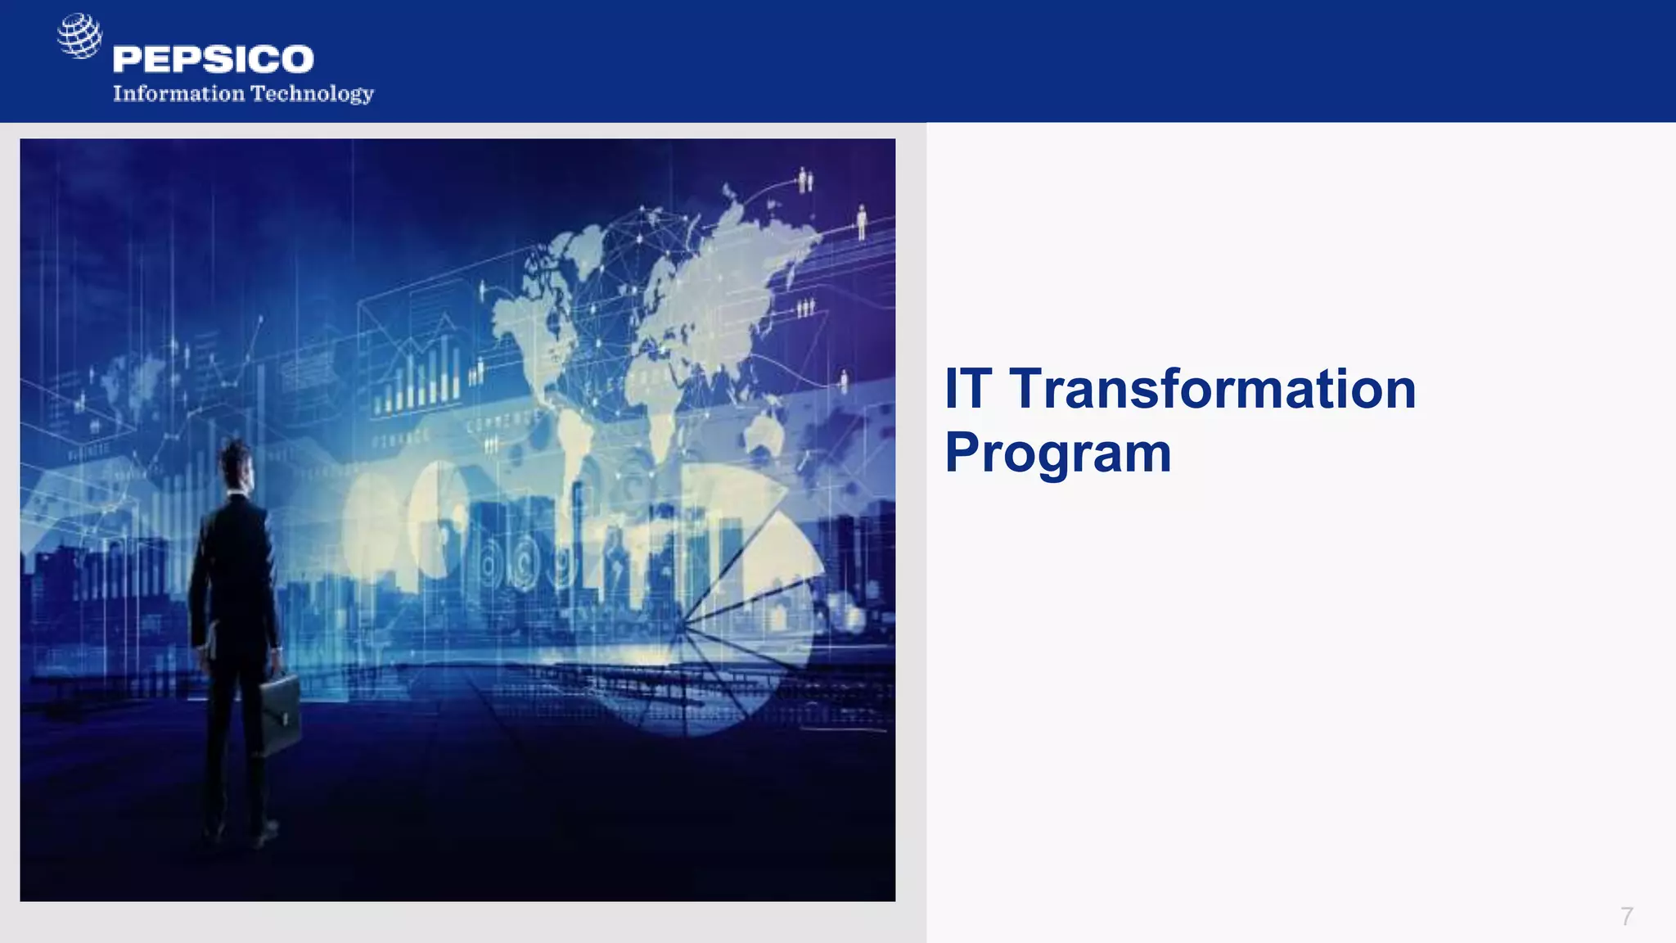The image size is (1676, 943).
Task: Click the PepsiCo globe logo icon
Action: (79, 36)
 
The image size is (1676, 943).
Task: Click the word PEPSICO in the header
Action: (213, 60)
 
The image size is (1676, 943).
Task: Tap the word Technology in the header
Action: (312, 94)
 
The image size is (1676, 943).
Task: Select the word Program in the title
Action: (1057, 453)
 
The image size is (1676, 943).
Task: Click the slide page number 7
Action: (1626, 916)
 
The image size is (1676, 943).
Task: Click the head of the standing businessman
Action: (237, 462)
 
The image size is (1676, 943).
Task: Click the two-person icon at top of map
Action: (805, 179)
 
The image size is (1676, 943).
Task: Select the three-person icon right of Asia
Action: (806, 308)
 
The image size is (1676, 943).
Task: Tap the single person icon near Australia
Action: (845, 381)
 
